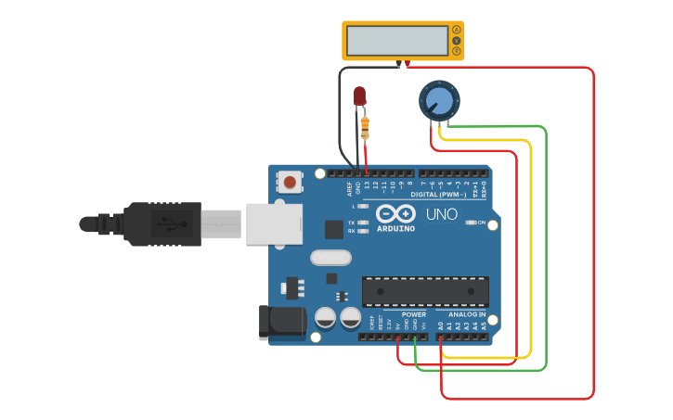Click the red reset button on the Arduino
pyautogui.click(x=291, y=182)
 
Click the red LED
pyautogui.click(x=360, y=95)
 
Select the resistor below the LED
pyautogui.click(x=365, y=125)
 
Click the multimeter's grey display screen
pyautogui.click(x=397, y=41)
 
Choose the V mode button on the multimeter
pyautogui.click(x=456, y=41)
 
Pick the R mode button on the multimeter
pyautogui.click(x=456, y=51)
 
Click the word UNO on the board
pyautogui.click(x=442, y=214)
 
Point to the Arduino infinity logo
pyautogui.click(x=396, y=214)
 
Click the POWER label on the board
pyautogui.click(x=414, y=315)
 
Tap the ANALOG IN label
pyautogui.click(x=467, y=315)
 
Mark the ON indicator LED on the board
pyautogui.click(x=471, y=223)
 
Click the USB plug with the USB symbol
pyautogui.click(x=163, y=224)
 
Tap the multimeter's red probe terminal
pyautogui.click(x=407, y=63)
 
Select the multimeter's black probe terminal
pyautogui.click(x=398, y=63)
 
